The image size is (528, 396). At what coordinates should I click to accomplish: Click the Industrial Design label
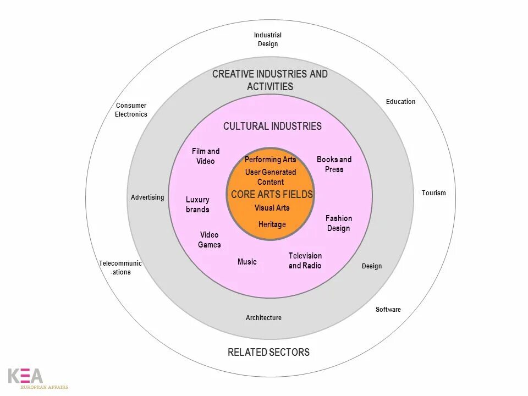268,40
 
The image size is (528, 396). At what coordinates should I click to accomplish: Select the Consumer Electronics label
131,110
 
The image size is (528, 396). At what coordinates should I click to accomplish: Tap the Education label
400,102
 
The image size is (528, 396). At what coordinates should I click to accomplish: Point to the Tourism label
434,193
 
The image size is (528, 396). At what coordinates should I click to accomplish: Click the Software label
388,310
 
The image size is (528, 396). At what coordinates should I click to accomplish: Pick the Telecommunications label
120,268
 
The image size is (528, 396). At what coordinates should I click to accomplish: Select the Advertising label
147,197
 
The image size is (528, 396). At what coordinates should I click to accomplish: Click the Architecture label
263,318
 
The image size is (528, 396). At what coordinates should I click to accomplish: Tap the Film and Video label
206,156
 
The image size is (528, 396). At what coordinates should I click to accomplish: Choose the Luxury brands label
197,205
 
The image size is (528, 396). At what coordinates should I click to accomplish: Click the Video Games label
210,240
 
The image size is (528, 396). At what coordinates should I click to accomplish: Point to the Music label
247,262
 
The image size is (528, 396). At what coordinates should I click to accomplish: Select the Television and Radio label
305,261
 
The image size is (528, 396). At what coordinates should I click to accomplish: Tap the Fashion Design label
339,223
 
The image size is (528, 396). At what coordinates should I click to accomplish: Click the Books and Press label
334,164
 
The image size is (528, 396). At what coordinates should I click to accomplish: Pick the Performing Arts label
271,159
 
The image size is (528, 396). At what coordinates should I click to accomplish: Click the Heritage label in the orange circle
272,224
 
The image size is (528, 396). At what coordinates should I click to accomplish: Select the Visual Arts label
272,208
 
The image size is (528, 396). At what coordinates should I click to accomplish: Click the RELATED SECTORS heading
269,353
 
